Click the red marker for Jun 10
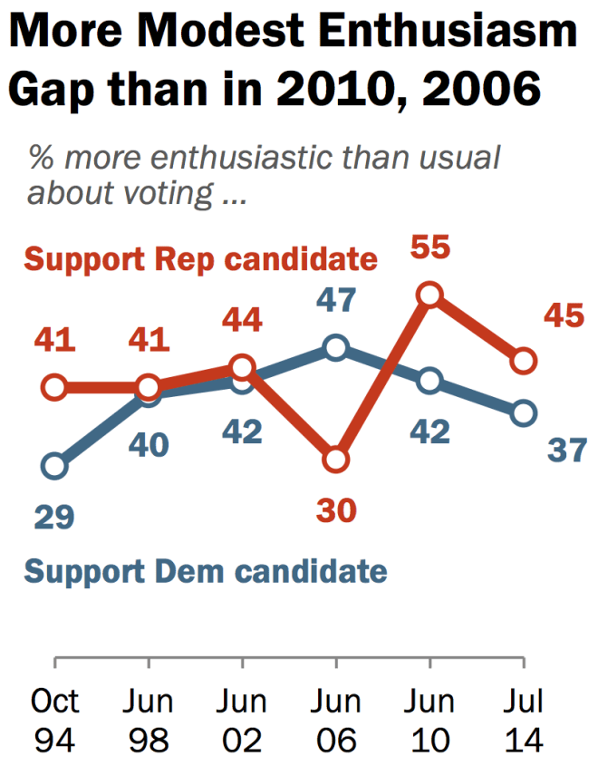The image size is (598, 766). pyautogui.click(x=429, y=295)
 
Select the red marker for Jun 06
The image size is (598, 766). pyautogui.click(x=336, y=460)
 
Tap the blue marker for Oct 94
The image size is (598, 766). pyautogui.click(x=54, y=466)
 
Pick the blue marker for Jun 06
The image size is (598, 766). pyautogui.click(x=336, y=348)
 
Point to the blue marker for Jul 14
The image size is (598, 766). pyautogui.click(x=523, y=413)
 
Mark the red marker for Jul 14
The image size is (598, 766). pyautogui.click(x=523, y=361)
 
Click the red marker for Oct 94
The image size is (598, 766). pyautogui.click(x=54, y=388)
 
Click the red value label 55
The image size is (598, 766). pyautogui.click(x=429, y=247)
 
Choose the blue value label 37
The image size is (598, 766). pyautogui.click(x=567, y=451)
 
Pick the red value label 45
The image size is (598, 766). pyautogui.click(x=564, y=317)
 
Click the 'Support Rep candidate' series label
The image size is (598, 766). pyautogui.click(x=199, y=259)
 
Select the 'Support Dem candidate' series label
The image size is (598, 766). pyautogui.click(x=205, y=572)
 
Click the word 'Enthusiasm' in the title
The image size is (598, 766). pyautogui.click(x=440, y=34)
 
